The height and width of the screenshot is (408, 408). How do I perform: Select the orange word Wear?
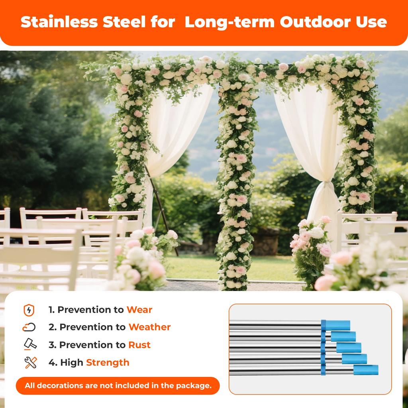139,310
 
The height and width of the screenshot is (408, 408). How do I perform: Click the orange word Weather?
149,327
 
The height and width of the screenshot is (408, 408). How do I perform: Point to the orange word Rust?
139,345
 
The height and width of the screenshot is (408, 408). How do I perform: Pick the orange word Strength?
108,362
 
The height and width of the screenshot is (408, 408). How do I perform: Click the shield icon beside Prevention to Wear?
29,310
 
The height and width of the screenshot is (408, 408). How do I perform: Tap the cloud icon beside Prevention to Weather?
29,328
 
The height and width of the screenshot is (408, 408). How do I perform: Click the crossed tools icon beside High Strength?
31,362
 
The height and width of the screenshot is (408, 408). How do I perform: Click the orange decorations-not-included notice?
118,386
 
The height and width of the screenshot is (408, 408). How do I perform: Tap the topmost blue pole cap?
337,325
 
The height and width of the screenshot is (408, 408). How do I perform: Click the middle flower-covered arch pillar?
236,179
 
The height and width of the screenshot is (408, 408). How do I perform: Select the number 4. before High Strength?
53,362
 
